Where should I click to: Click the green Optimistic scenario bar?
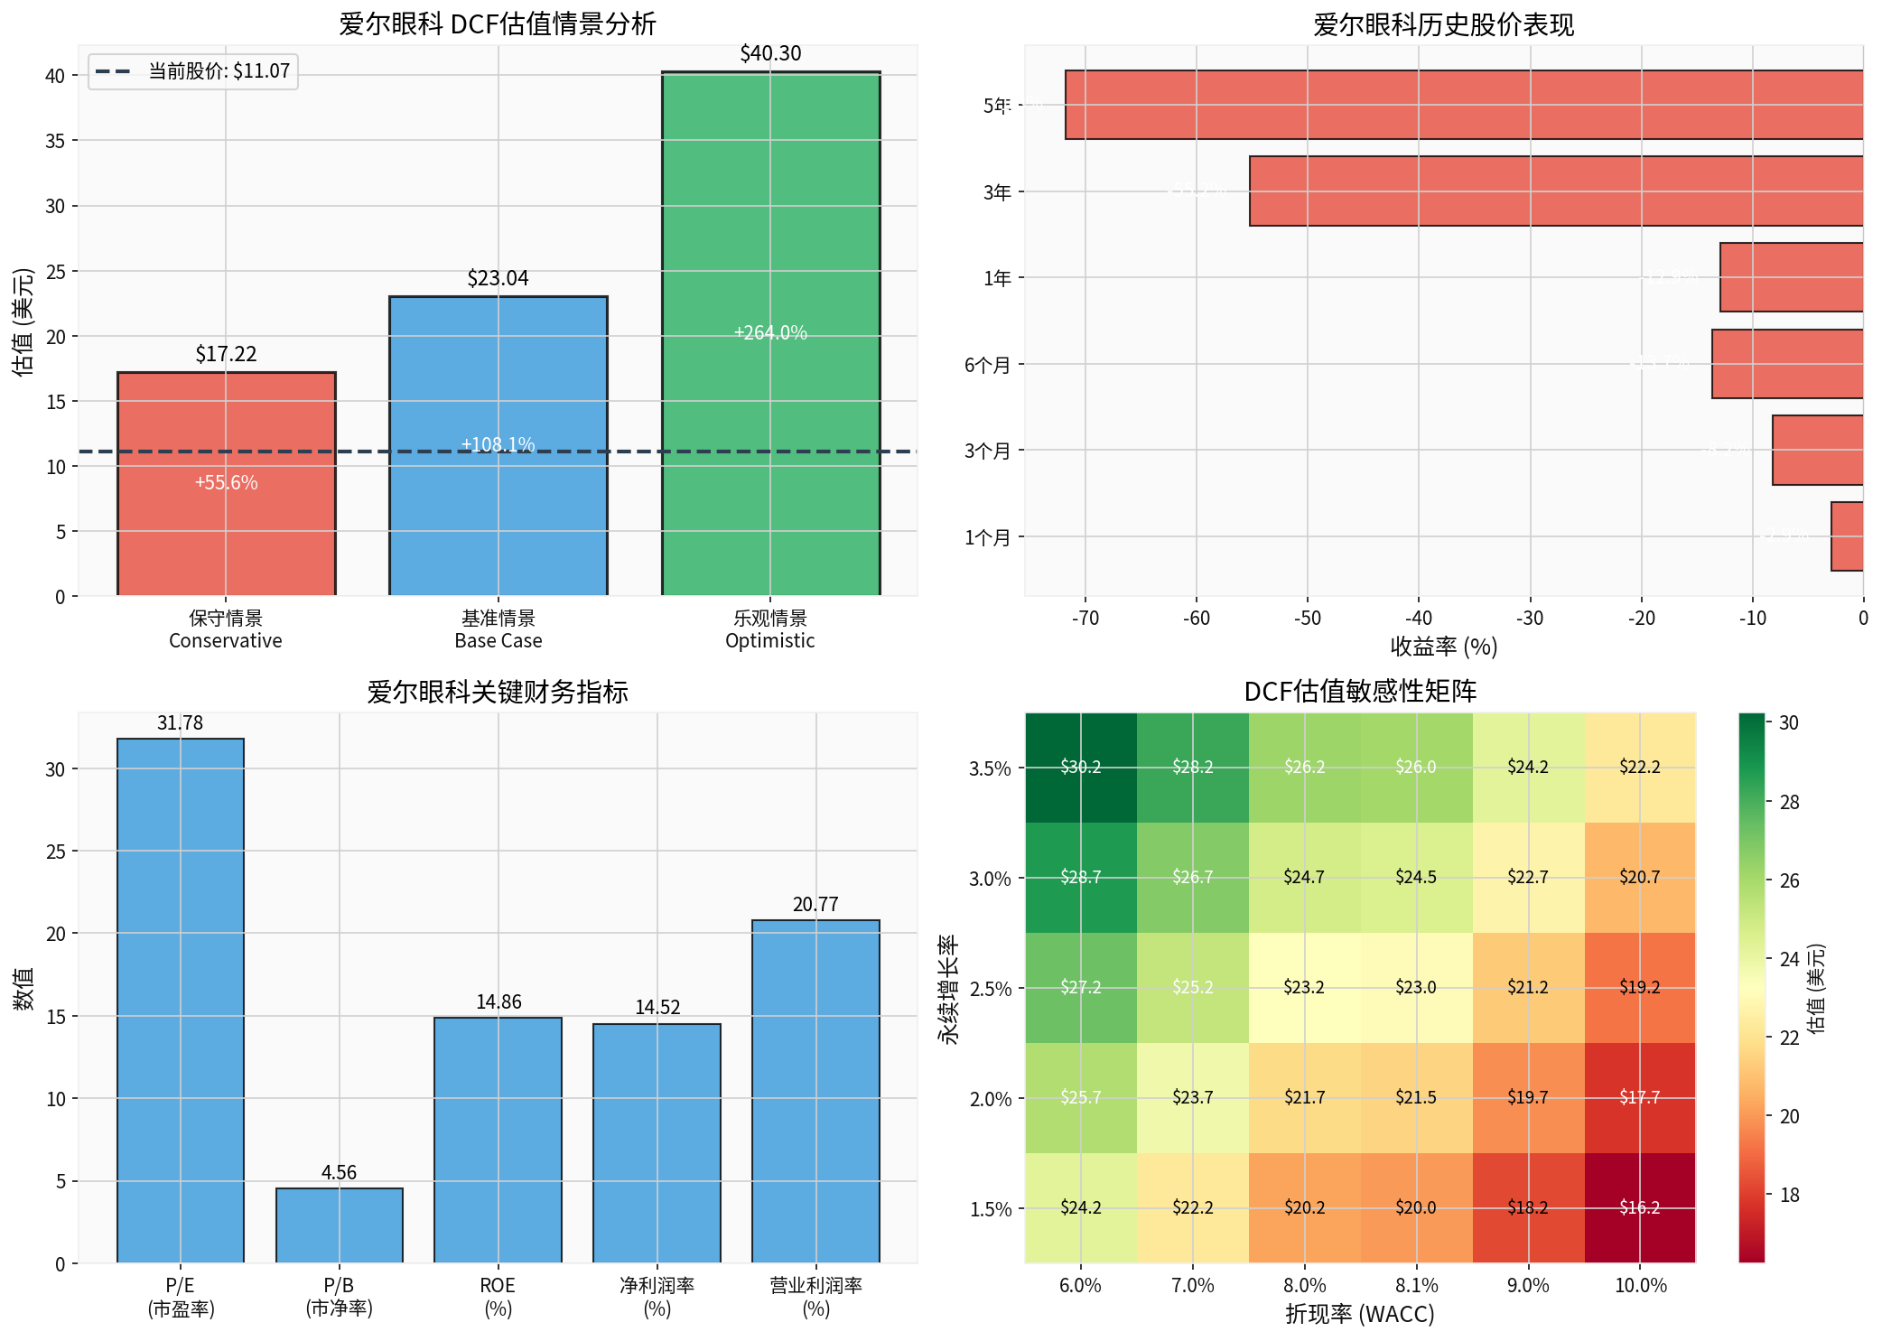pos(770,226)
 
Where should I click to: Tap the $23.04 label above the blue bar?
pos(498,278)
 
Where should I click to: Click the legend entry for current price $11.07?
pos(192,70)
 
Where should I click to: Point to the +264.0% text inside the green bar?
pos(770,332)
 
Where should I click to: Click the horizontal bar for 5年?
pos(1463,105)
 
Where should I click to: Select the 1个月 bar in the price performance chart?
pos(1847,536)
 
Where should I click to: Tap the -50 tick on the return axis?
pos(1307,619)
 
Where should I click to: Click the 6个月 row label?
pos(987,365)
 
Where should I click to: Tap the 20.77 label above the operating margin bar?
pos(815,904)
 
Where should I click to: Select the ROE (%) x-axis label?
pos(498,1296)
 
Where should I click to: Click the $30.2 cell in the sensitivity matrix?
pos(1080,768)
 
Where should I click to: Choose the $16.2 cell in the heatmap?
pos(1639,1207)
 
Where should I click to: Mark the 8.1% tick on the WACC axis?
pos(1415,1285)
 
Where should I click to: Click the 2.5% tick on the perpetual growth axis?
pos(990,988)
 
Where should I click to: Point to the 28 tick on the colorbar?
pos(1789,802)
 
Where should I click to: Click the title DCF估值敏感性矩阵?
pos(1360,691)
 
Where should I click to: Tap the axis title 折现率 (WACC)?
pos(1360,1314)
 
